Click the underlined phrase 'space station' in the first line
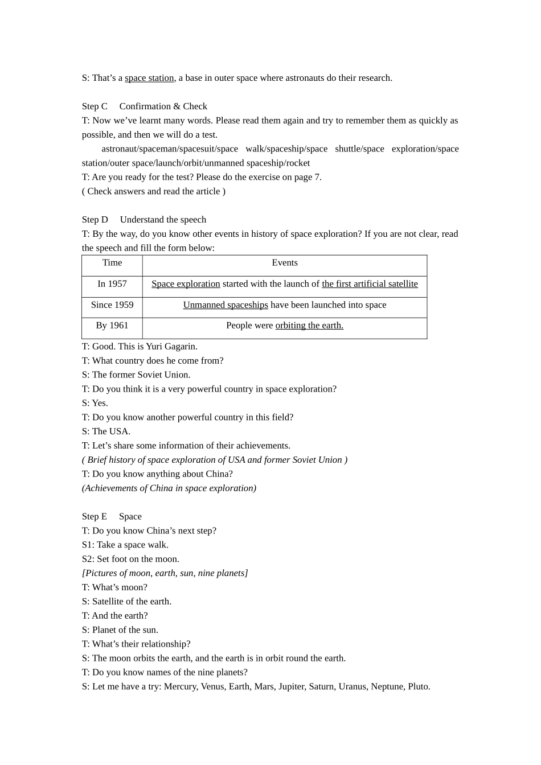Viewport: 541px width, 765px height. coord(149,78)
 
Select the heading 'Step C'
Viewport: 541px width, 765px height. coord(95,106)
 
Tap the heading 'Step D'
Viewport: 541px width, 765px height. coord(95,220)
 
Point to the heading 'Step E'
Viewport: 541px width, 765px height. coord(95,517)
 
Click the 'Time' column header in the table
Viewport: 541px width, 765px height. coord(112,263)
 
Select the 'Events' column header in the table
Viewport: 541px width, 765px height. coord(285,263)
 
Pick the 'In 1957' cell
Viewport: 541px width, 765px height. coord(112,284)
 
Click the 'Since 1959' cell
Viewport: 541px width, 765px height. coord(112,305)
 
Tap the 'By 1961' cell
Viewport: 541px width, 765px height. coord(112,326)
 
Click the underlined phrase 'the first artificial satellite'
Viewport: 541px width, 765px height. coord(370,284)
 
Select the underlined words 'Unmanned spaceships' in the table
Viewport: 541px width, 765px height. coord(226,305)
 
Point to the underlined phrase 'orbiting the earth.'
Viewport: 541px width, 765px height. coord(309,326)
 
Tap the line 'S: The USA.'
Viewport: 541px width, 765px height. coord(106,431)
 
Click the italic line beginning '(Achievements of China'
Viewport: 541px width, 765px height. coord(169,488)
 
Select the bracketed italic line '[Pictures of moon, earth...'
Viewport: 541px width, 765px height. coord(165,573)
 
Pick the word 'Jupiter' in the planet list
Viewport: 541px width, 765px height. coord(292,686)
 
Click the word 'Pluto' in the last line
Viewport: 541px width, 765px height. coord(418,686)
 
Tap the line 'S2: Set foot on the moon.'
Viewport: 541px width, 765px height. coord(130,559)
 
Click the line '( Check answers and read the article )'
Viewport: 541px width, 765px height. coord(154,191)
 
